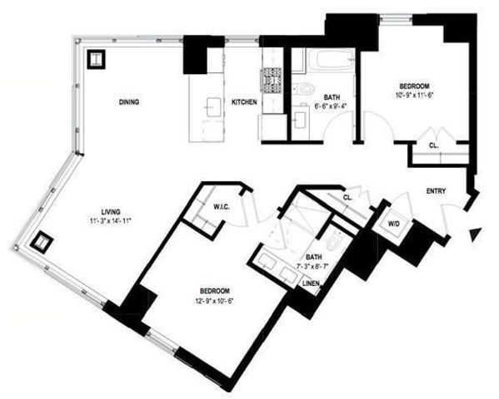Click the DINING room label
[x=128, y=102]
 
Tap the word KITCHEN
[x=243, y=102]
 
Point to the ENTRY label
[x=436, y=191]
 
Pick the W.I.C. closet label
[x=221, y=206]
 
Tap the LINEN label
[x=312, y=283]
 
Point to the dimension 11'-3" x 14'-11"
[x=112, y=220]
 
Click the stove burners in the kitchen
[x=273, y=78]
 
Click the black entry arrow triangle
[x=475, y=234]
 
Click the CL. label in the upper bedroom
[x=435, y=144]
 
